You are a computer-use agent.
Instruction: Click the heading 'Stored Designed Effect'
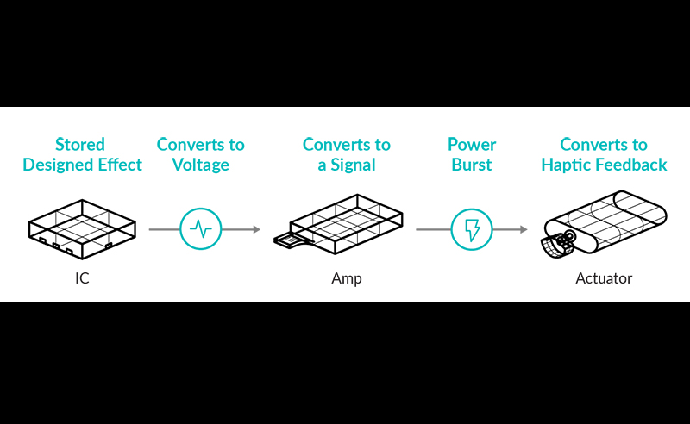(82, 154)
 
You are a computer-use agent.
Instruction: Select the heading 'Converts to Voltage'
(200, 154)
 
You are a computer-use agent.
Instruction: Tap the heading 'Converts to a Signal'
(346, 154)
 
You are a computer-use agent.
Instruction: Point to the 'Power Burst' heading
(472, 154)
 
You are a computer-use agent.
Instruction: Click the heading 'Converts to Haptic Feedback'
(604, 154)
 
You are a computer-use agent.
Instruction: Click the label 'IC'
(82, 278)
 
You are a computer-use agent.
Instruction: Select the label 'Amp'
(346, 278)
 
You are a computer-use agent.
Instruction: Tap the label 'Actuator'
(604, 278)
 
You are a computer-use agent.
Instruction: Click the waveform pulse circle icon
(201, 229)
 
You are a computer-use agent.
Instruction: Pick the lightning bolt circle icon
(472, 229)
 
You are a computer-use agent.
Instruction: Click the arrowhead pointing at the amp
(255, 229)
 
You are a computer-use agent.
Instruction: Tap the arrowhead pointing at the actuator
(523, 229)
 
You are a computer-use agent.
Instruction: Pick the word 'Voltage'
(200, 165)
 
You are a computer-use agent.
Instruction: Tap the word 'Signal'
(353, 165)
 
